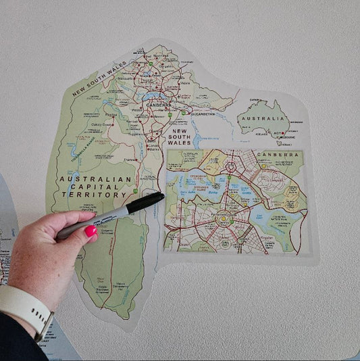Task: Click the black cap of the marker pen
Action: point(147,202)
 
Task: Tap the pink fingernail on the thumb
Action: point(91,231)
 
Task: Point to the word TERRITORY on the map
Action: point(94,195)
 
